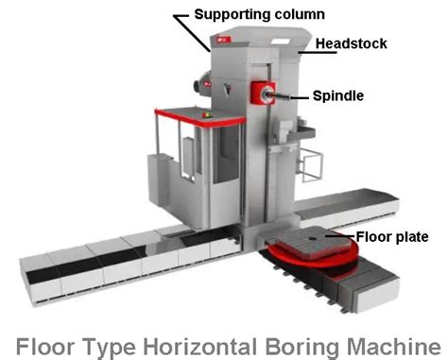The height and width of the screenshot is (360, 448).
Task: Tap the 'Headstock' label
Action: [351, 43]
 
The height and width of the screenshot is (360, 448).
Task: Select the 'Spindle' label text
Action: [337, 95]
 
